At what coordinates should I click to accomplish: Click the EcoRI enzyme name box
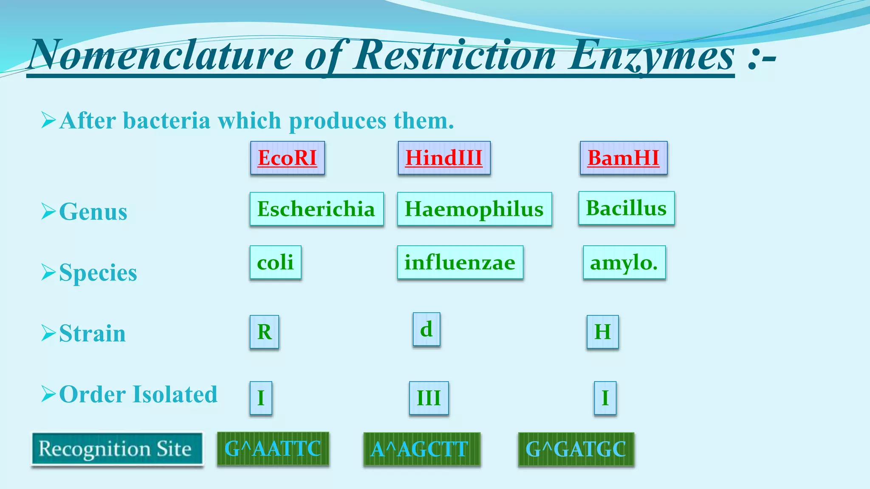288,158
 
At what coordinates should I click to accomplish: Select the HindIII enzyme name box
444,158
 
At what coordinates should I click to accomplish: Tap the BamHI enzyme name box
623,158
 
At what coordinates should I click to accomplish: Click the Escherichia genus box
316,209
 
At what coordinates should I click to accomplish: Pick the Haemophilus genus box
474,209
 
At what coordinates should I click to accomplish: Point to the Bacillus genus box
626,208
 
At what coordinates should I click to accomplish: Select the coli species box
275,262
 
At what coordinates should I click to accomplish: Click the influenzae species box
460,262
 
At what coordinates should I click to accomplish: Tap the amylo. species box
624,262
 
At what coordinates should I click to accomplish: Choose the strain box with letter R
264,332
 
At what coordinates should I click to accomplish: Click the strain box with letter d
427,329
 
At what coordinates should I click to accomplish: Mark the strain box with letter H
602,332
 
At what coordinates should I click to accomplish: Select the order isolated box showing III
429,398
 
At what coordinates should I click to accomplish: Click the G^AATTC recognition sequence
273,449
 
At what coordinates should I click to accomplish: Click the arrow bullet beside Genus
48,211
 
